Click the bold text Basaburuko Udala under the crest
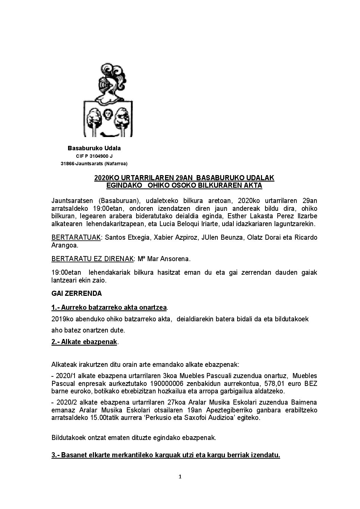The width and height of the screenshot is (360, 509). [94, 148]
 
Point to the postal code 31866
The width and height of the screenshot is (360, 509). [67, 164]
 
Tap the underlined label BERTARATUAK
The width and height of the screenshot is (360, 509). [76, 237]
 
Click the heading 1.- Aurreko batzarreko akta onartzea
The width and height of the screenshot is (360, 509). [109, 307]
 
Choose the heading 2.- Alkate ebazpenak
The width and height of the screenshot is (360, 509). [84, 342]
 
